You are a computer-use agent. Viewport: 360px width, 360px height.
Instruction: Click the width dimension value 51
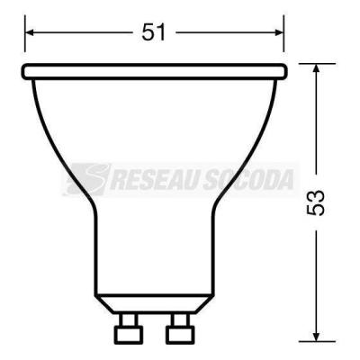pyautogui.click(x=153, y=32)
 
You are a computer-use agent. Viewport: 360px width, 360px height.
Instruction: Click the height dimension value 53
pyautogui.click(x=316, y=202)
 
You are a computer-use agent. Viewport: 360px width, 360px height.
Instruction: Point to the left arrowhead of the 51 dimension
pyautogui.click(x=30, y=32)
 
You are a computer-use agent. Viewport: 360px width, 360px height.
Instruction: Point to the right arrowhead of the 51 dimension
pyautogui.click(x=279, y=32)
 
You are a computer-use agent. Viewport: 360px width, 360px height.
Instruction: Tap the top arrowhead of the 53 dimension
pyautogui.click(x=316, y=68)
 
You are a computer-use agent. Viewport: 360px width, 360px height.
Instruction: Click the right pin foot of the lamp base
pyautogui.click(x=180, y=333)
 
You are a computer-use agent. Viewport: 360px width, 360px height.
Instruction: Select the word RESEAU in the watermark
pyautogui.click(x=154, y=180)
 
